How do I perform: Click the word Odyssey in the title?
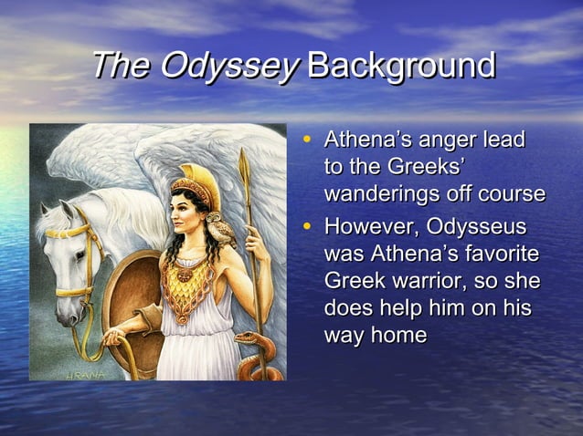[228, 67]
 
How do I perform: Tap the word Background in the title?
[402, 66]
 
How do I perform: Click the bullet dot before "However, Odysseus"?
[307, 223]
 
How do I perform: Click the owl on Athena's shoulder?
[218, 228]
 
